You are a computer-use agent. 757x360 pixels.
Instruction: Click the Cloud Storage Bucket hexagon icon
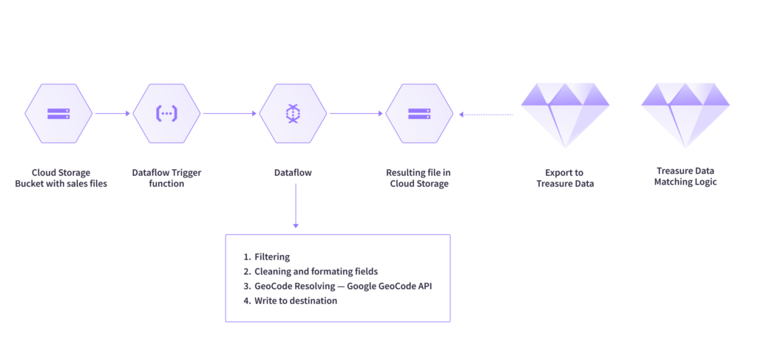point(58,113)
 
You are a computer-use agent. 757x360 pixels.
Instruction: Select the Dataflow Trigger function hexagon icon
point(167,113)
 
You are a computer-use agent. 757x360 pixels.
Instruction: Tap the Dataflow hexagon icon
point(293,113)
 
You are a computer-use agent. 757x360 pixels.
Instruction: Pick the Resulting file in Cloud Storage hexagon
point(419,113)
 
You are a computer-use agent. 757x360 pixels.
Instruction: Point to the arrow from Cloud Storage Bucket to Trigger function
point(112,114)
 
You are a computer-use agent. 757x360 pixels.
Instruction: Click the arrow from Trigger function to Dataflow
point(230,114)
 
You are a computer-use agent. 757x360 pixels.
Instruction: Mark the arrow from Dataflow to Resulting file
point(356,114)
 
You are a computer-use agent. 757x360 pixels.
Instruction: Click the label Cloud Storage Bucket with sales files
point(61,178)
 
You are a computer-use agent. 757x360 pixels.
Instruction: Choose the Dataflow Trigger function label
point(167,178)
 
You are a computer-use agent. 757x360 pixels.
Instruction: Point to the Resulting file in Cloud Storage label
point(419,178)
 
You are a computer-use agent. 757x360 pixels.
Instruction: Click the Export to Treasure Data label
point(566,178)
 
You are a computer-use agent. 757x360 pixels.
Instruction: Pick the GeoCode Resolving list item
point(337,286)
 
